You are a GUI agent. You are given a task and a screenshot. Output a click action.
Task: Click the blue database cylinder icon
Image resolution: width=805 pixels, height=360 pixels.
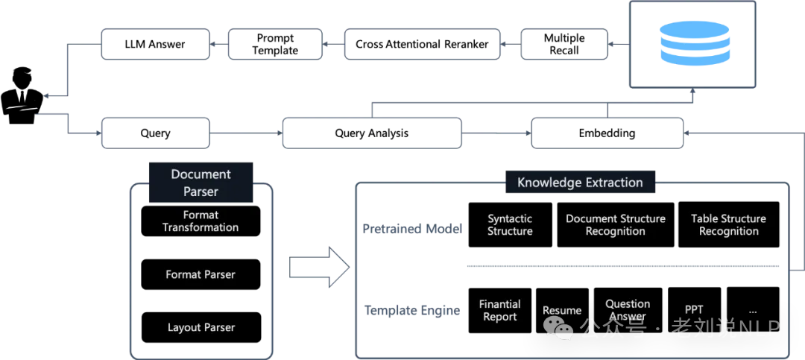click(695, 44)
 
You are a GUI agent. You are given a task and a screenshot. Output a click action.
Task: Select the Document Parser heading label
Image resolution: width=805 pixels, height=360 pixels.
click(201, 183)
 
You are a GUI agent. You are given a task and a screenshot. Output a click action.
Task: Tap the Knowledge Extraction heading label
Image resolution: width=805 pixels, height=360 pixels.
click(580, 182)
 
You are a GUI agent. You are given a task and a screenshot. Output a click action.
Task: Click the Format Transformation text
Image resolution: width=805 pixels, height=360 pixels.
click(201, 221)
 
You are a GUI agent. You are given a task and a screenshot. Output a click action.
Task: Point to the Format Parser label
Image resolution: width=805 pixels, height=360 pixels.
click(201, 274)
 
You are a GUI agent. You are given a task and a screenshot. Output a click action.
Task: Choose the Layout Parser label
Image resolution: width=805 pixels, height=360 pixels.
click(201, 327)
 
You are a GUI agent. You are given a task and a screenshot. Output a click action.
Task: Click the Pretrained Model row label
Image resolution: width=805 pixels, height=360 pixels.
click(412, 228)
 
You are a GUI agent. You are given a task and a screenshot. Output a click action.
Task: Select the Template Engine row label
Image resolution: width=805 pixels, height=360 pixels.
click(411, 310)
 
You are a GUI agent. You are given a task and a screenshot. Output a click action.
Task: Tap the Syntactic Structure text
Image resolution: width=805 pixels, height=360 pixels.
click(510, 224)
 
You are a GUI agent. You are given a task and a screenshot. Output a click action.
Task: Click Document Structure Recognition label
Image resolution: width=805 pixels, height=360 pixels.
click(616, 224)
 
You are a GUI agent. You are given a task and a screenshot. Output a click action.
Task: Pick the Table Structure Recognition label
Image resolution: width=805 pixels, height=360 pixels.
click(728, 224)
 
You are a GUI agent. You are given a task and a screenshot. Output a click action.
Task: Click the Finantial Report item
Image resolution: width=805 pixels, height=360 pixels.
click(499, 310)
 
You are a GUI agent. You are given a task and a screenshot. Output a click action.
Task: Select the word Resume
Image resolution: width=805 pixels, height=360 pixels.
click(562, 310)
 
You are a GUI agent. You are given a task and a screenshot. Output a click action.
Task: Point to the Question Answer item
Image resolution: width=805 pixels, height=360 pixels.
click(628, 309)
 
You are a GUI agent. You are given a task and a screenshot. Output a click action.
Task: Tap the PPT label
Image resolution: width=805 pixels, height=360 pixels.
click(694, 309)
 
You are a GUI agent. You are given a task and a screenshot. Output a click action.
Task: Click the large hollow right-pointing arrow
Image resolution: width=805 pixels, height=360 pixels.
click(319, 266)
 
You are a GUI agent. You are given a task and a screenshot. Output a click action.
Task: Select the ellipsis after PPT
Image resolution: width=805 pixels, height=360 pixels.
click(753, 309)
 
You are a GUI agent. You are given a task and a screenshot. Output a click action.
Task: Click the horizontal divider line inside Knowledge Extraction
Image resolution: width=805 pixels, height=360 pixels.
click(622, 265)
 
